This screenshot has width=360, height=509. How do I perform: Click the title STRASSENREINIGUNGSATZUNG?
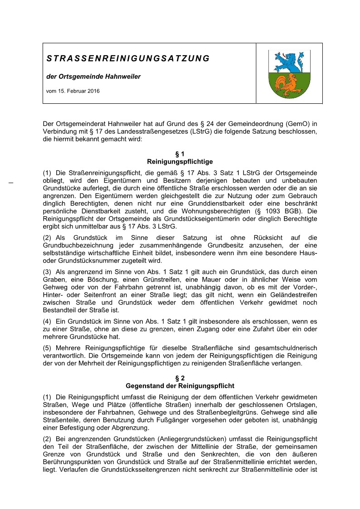coord(128,58)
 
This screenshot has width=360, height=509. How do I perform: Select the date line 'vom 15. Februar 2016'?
coord(73,91)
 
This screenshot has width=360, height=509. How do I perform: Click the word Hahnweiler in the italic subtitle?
coord(123,76)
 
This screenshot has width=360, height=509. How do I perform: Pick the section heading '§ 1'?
coord(180,154)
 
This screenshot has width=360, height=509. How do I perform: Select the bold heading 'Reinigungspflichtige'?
coord(180,161)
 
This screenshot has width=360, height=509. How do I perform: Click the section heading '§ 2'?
coord(180,378)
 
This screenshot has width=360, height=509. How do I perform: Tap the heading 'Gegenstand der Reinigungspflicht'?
coord(180,386)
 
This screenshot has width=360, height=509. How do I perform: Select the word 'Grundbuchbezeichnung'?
coord(77,245)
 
